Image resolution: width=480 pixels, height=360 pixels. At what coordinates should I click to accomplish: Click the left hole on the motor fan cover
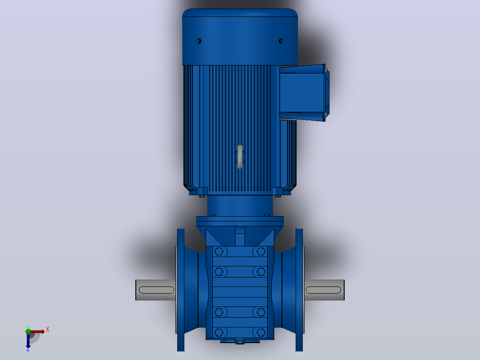[199, 41]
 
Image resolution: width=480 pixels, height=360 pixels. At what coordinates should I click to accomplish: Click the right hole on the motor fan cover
[281, 41]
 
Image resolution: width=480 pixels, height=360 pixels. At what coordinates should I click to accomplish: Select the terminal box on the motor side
[304, 93]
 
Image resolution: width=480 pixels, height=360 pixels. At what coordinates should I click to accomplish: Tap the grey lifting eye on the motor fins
[240, 156]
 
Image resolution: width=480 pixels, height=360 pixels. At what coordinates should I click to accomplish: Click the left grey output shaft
[155, 290]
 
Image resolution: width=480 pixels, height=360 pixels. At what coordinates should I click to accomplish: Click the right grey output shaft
[324, 290]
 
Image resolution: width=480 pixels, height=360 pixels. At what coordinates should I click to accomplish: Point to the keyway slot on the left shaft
[156, 290]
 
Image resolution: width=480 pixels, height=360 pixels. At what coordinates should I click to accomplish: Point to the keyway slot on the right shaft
[323, 290]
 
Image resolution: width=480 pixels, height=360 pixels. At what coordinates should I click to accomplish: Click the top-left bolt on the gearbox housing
[219, 252]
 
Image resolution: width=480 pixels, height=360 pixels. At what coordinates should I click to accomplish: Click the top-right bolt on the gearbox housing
[261, 252]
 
